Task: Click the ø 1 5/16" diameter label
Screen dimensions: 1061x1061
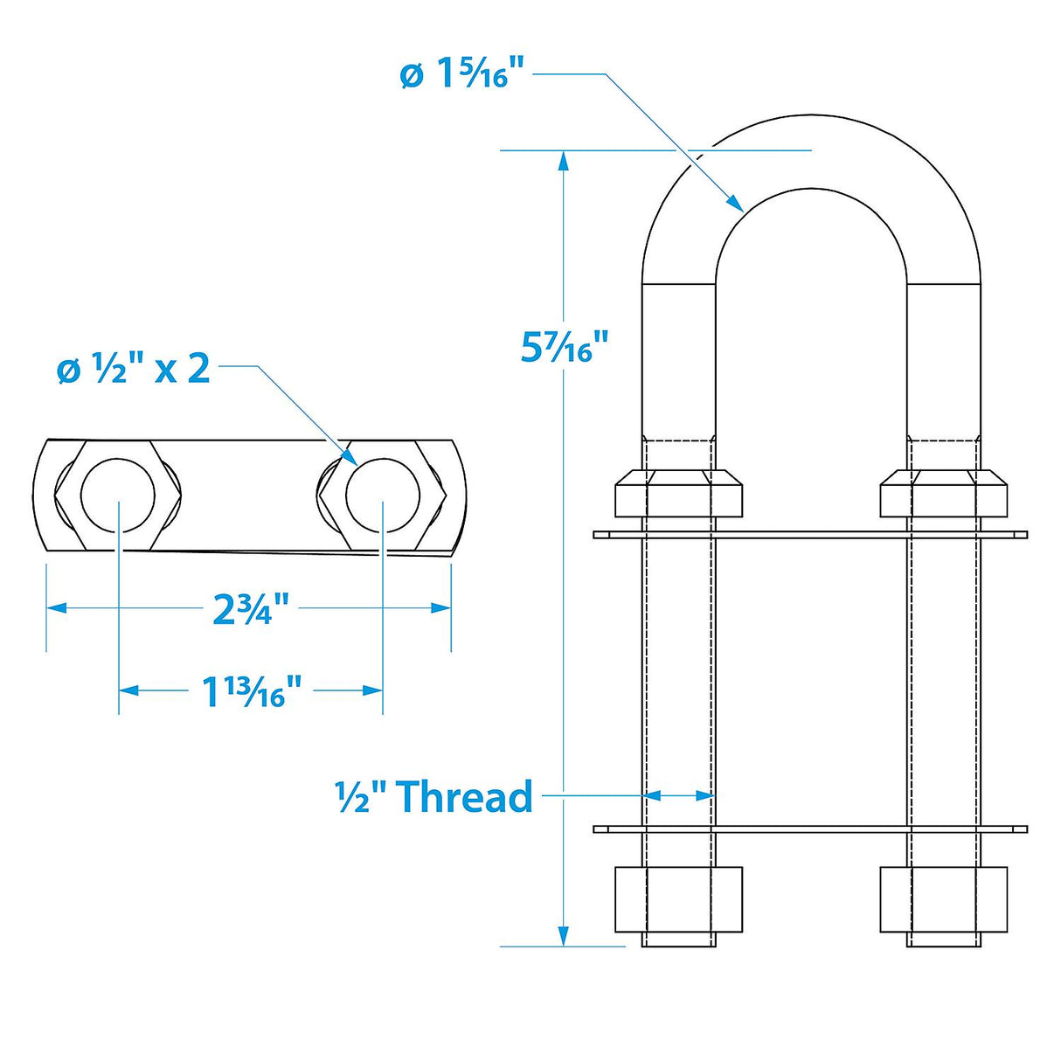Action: (x=465, y=74)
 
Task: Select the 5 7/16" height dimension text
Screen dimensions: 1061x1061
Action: (x=564, y=347)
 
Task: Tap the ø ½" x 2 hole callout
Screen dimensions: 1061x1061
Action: (x=134, y=370)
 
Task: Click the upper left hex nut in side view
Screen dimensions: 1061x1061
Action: (x=679, y=494)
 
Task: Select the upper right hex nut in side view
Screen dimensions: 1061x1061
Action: (x=944, y=494)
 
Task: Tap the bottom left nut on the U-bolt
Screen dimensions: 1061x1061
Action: (x=679, y=899)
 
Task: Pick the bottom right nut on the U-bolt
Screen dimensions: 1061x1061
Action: (x=944, y=899)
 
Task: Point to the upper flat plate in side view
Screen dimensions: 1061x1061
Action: (x=810, y=534)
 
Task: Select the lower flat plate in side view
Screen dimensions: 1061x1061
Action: (x=810, y=829)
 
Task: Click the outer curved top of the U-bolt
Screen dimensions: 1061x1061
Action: (x=811, y=117)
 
